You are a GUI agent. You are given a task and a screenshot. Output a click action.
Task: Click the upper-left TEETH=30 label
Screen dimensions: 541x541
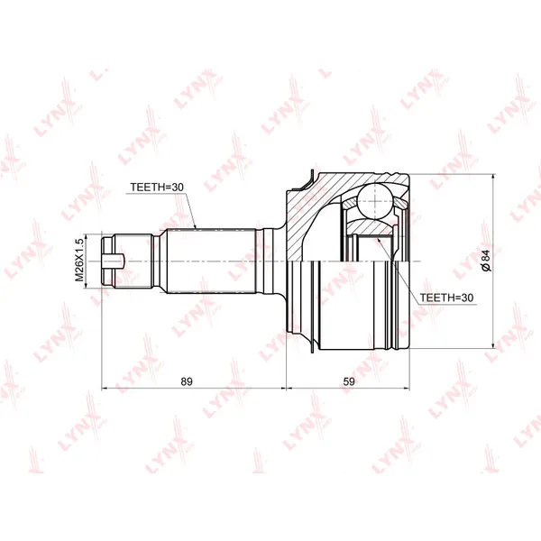[157, 187]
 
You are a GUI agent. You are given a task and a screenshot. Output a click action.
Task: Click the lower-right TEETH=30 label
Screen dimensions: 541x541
[446, 298]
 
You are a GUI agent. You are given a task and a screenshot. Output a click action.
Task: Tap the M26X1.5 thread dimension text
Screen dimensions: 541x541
[79, 260]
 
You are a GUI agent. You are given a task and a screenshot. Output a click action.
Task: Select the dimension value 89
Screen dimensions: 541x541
[187, 381]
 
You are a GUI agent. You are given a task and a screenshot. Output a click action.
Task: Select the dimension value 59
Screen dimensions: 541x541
[349, 381]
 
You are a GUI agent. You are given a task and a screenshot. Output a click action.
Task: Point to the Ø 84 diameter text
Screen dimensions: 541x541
[486, 261]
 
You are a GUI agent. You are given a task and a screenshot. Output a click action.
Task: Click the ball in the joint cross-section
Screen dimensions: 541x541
[375, 201]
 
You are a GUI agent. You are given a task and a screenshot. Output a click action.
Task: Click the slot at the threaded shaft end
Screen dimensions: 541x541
[113, 261]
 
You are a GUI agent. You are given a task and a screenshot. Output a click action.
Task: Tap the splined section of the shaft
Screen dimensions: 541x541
[211, 261]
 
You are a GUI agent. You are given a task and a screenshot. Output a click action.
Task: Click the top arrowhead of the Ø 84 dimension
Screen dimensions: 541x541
[494, 177]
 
